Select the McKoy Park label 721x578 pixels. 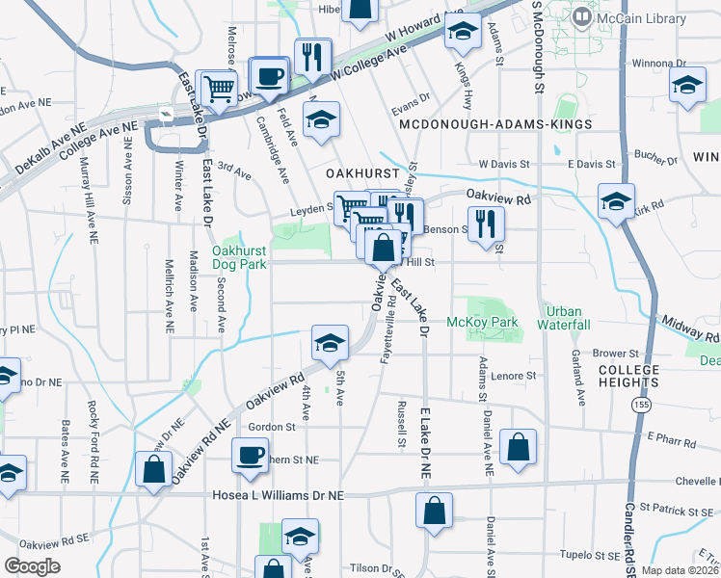point(483,322)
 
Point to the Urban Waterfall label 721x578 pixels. point(567,318)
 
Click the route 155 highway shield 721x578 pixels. point(641,406)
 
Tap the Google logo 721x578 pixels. point(31,566)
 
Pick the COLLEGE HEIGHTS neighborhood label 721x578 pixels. point(628,377)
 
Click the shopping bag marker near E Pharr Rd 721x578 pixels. point(518,448)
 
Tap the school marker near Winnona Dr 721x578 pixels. point(685,87)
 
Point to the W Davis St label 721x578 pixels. point(498,165)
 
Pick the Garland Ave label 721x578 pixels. point(580,373)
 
